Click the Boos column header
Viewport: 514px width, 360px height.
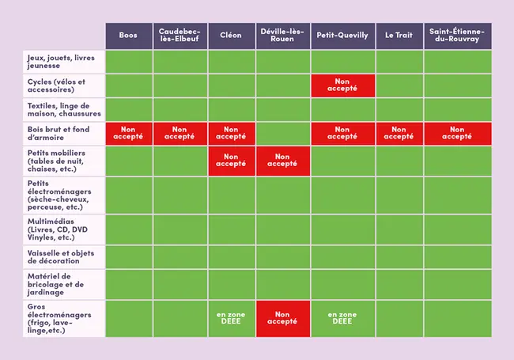coord(128,36)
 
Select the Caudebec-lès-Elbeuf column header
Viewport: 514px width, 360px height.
coord(180,36)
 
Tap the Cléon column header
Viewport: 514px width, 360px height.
coord(231,36)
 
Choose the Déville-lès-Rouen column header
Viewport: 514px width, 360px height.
coord(282,36)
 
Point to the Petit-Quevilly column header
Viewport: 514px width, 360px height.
coord(342,36)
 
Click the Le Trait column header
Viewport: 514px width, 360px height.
coord(399,36)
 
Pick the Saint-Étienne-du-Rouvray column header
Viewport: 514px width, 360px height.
coord(457,36)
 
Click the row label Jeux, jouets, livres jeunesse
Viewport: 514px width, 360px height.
coord(63,62)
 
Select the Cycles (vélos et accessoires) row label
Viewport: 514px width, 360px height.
coord(63,85)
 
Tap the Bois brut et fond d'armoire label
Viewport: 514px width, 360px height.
coord(63,133)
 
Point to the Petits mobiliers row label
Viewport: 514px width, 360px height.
coord(63,161)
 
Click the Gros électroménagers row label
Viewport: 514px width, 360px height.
coord(63,319)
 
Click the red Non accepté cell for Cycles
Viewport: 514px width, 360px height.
coord(342,85)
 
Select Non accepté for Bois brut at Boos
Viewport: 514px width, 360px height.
coord(128,133)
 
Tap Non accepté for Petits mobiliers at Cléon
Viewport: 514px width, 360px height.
coord(231,161)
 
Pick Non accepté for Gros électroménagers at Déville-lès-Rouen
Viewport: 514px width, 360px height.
coord(282,319)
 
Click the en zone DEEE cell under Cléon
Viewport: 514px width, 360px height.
coord(231,319)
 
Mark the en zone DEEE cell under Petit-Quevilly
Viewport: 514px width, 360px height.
coord(342,319)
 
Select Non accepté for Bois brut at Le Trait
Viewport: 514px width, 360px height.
coord(399,133)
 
